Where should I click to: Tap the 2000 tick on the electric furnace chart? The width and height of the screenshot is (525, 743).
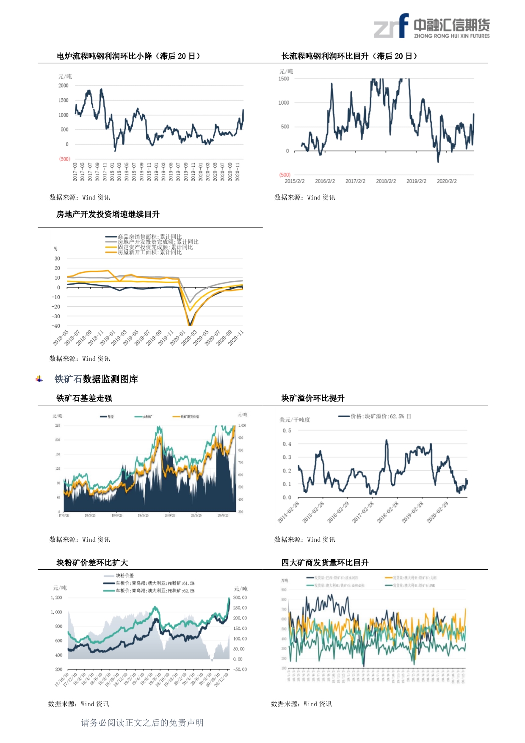pyautogui.click(x=64, y=86)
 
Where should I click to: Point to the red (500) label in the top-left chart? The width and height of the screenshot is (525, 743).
pyautogui.click(x=64, y=159)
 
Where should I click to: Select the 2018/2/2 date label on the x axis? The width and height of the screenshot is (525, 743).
pyautogui.click(x=386, y=181)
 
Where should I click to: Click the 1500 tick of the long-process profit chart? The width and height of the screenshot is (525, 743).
pyautogui.click(x=284, y=79)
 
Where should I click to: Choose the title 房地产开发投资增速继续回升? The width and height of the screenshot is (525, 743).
pyautogui.click(x=108, y=214)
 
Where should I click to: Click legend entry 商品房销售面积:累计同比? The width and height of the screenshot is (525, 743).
pyautogui.click(x=149, y=237)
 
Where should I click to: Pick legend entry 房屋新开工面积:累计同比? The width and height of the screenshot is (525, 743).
pyautogui.click(x=149, y=252)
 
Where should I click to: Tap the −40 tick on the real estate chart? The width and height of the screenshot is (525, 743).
pyautogui.click(x=56, y=326)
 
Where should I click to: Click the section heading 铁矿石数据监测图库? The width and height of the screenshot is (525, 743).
pyautogui.click(x=96, y=379)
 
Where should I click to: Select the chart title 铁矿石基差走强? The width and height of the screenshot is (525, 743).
pyautogui.click(x=84, y=398)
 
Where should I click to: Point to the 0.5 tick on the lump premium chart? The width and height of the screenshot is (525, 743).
pyautogui.click(x=287, y=430)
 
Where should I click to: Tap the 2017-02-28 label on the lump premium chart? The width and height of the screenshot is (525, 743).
pyautogui.click(x=363, y=512)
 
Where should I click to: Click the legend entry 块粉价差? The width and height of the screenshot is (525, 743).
pyautogui.click(x=124, y=576)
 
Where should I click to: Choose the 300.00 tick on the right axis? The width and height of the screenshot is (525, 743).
pyautogui.click(x=240, y=598)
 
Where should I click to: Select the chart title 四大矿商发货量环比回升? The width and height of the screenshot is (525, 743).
pyautogui.click(x=325, y=563)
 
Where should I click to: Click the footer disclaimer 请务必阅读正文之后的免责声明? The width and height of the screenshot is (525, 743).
pyautogui.click(x=142, y=723)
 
